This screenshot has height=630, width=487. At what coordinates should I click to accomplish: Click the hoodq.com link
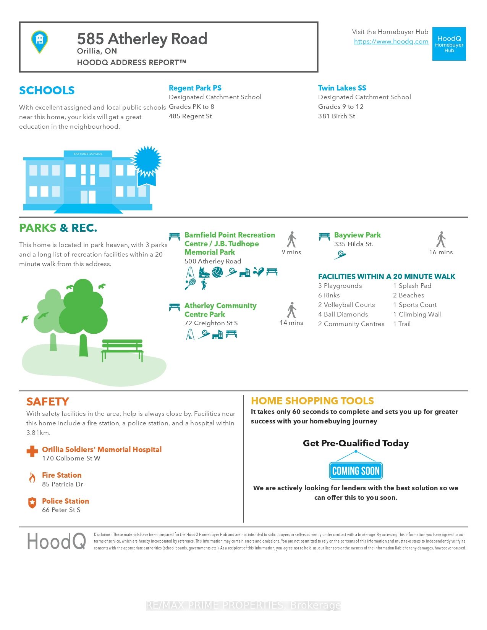point(391,42)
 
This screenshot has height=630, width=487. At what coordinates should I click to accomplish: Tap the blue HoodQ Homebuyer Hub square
point(449,44)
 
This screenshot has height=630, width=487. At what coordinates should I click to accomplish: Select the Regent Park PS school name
point(195,88)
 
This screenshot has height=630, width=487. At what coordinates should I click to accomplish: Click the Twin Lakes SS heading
point(342,88)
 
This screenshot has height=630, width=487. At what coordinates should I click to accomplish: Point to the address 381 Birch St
point(337,116)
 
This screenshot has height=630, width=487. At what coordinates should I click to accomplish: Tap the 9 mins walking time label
point(291,252)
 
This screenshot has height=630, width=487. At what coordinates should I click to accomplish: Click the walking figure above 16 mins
point(441,239)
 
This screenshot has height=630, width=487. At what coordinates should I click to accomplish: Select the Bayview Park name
point(357,235)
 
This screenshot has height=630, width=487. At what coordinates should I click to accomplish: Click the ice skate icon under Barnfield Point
point(204,272)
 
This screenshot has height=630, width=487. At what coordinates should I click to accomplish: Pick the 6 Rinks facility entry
point(329,296)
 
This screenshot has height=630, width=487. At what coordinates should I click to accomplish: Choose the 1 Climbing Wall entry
point(417,315)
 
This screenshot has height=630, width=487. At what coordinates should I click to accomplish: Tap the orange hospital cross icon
point(32,451)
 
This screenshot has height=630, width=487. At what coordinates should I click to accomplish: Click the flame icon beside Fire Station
point(32,477)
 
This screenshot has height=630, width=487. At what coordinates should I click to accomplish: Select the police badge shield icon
point(32,503)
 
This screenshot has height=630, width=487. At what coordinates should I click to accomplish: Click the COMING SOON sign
point(356,471)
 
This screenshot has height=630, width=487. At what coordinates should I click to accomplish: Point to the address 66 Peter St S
point(61,510)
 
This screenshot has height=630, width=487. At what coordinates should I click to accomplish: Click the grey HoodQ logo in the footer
point(57,541)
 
